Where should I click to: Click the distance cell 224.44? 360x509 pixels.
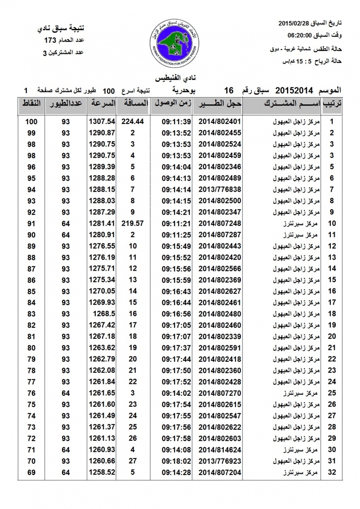point(133,121)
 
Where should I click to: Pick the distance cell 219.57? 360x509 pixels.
point(133,223)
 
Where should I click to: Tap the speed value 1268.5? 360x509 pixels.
point(104,314)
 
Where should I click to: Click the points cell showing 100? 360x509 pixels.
point(31,121)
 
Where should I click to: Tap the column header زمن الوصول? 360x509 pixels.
point(171,103)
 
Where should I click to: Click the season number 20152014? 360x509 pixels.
point(294,90)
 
